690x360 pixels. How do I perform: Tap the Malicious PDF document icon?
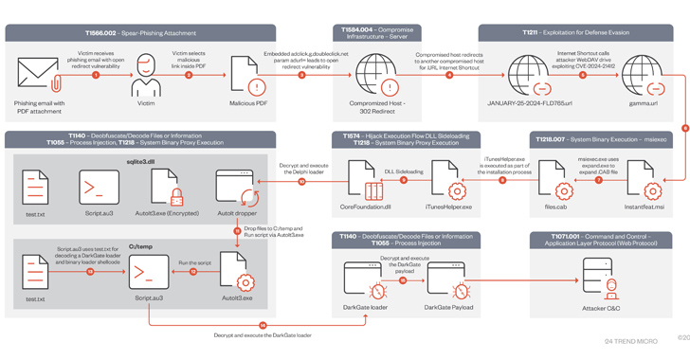(x=248, y=75)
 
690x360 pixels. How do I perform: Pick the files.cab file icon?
(x=555, y=179)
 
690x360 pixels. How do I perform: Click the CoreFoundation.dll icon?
(x=364, y=179)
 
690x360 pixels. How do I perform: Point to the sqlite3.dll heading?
(x=139, y=162)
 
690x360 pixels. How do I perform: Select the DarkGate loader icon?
(x=365, y=279)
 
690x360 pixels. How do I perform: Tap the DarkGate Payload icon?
(x=448, y=279)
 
